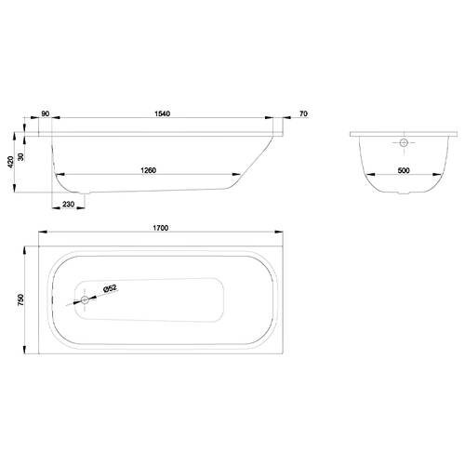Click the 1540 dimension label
163,113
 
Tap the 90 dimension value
46,113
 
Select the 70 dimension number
304,113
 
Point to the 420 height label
10,162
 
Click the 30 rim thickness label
20,157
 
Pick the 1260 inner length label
149,170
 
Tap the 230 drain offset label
69,204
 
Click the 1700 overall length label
161,228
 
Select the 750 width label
20,300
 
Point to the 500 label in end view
404,170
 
